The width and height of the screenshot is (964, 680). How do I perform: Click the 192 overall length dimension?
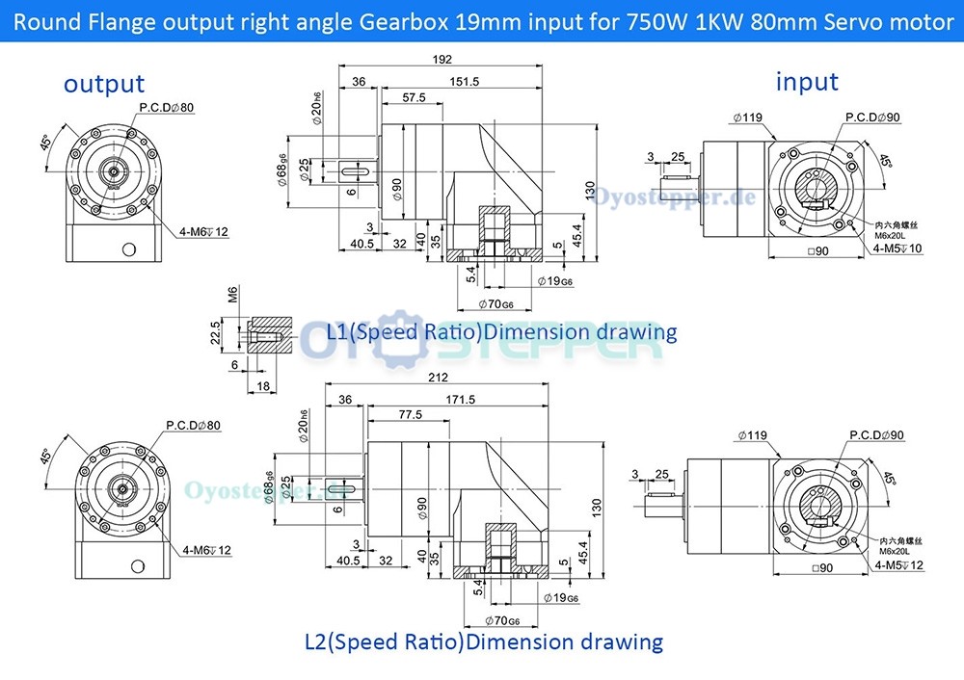442,60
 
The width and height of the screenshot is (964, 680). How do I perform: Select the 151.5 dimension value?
465,82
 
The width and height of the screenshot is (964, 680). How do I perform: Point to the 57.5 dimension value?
414,98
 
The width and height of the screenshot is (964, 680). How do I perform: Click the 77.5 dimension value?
409,415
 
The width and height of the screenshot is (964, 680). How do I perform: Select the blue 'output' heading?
104,84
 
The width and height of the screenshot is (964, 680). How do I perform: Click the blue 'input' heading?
807,82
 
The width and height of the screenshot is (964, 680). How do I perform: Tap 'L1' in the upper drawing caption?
338,332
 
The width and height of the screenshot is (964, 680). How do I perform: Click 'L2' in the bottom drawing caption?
316,641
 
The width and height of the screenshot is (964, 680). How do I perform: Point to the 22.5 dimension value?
217,331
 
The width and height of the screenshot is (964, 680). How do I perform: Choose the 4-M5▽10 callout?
897,248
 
